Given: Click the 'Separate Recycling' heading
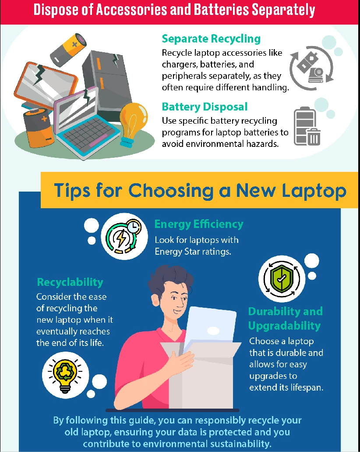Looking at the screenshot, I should pyautogui.click(x=211, y=39).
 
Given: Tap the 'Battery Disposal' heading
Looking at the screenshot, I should pyautogui.click(x=205, y=107).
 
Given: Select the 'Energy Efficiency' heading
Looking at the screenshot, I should pyautogui.click(x=198, y=224).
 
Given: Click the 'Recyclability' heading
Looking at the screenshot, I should pyautogui.click(x=70, y=282).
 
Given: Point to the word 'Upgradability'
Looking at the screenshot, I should pyautogui.click(x=284, y=326).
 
